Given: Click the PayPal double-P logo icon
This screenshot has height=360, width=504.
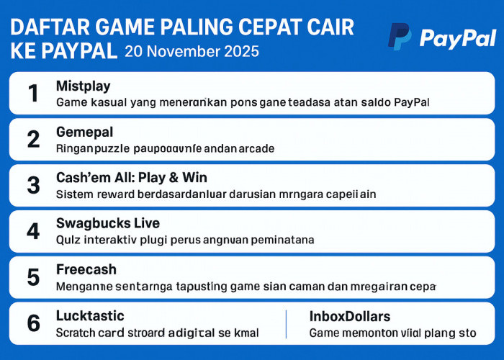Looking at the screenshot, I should (x=400, y=37).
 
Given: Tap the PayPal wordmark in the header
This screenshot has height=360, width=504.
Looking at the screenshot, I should (x=457, y=37).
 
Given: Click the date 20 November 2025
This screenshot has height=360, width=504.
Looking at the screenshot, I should (x=192, y=51).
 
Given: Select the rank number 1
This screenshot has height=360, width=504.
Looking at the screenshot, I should (x=33, y=93).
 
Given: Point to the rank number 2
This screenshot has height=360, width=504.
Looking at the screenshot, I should (x=33, y=139).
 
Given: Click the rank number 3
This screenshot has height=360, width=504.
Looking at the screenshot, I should (x=33, y=185).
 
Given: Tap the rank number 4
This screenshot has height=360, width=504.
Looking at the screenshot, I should (x=33, y=231).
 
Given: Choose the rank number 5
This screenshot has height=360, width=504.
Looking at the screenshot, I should (x=33, y=277).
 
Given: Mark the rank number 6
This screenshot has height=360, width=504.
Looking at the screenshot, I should (x=33, y=323).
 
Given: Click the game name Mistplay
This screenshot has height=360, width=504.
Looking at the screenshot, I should (x=83, y=86).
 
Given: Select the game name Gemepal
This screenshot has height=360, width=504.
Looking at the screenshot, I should (x=84, y=132).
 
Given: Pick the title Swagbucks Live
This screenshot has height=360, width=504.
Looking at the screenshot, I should (x=107, y=223).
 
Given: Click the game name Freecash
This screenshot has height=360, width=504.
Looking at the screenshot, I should (x=86, y=269).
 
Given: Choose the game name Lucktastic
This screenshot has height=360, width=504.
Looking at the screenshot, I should (x=90, y=315).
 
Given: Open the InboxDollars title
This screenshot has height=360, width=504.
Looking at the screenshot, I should (x=349, y=315).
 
